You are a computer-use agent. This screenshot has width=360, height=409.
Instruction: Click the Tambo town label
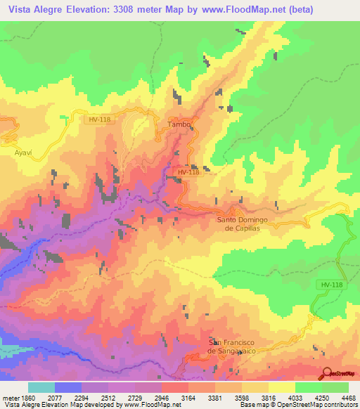[x=179, y=124]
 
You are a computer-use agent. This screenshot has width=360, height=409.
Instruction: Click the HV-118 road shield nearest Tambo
[x=188, y=172]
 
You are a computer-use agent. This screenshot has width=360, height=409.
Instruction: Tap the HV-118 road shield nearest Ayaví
[x=98, y=119]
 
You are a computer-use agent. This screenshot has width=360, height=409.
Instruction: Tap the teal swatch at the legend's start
[x=41, y=387]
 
